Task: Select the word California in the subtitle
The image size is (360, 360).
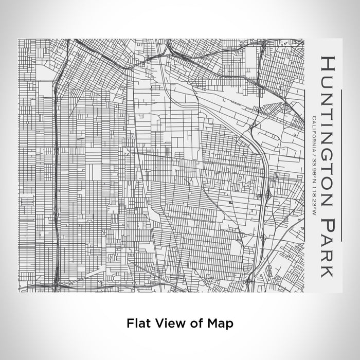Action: point(314,133)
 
